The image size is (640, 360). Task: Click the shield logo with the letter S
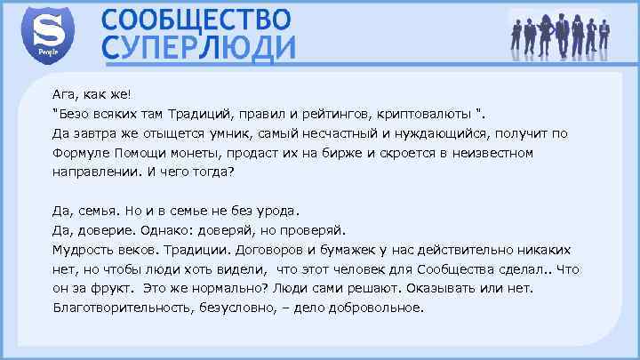[45, 34]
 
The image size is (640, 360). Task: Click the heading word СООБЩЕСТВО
[196, 19]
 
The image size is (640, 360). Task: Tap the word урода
[281, 211]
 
